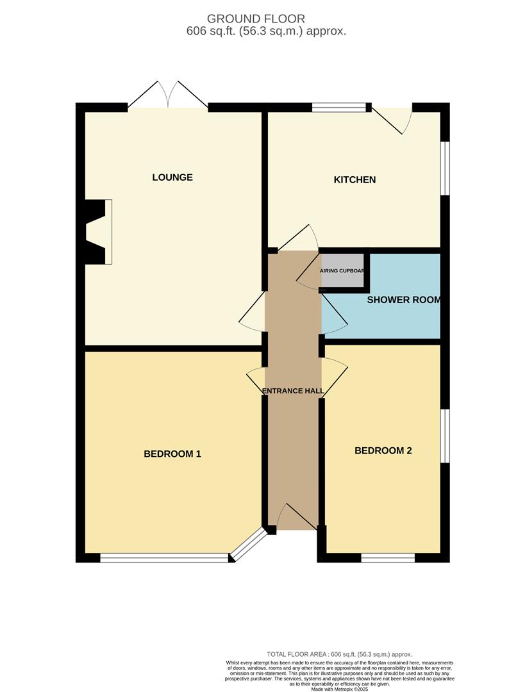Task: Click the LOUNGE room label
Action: [x=172, y=177]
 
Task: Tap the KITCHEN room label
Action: [x=354, y=180]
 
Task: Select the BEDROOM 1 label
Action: [x=172, y=454]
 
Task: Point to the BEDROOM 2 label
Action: [x=383, y=451]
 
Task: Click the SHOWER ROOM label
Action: [x=403, y=300]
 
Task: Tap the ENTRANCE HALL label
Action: [x=293, y=391]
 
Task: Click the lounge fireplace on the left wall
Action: [x=98, y=231]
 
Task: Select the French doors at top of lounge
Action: [x=168, y=96]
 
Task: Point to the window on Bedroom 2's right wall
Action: [x=445, y=436]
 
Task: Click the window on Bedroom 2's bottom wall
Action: [x=387, y=558]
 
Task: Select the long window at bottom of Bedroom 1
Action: [x=164, y=558]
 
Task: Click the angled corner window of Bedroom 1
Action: [x=249, y=545]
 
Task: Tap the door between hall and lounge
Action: [x=254, y=312]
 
